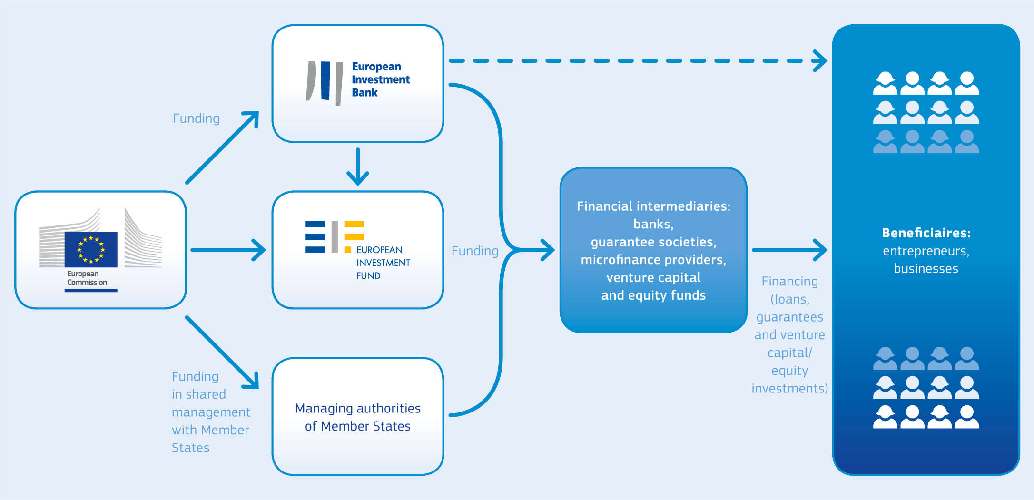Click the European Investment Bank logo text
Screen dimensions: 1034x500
[x=381, y=79]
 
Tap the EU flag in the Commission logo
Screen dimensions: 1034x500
[x=91, y=249]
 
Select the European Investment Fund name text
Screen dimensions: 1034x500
[x=383, y=263]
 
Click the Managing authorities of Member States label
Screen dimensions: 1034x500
[x=358, y=417]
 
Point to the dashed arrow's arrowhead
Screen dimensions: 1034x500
[x=820, y=61]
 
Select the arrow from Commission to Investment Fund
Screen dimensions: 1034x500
[x=228, y=250]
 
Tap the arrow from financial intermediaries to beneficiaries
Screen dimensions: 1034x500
[x=790, y=250]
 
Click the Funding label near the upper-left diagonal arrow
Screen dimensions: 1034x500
[x=196, y=118]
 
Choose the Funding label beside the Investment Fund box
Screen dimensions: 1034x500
[x=475, y=251]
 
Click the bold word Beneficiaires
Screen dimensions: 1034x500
[x=926, y=233]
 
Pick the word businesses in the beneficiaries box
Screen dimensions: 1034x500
[x=926, y=269]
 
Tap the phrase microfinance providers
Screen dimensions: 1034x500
[x=653, y=260]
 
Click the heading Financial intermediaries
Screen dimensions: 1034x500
[x=653, y=206]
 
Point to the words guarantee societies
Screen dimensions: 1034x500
[x=653, y=242]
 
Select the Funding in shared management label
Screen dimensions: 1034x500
[x=211, y=412]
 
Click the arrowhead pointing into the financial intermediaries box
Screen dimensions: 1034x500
[x=548, y=250]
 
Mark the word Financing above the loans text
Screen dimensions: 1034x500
[x=790, y=282]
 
